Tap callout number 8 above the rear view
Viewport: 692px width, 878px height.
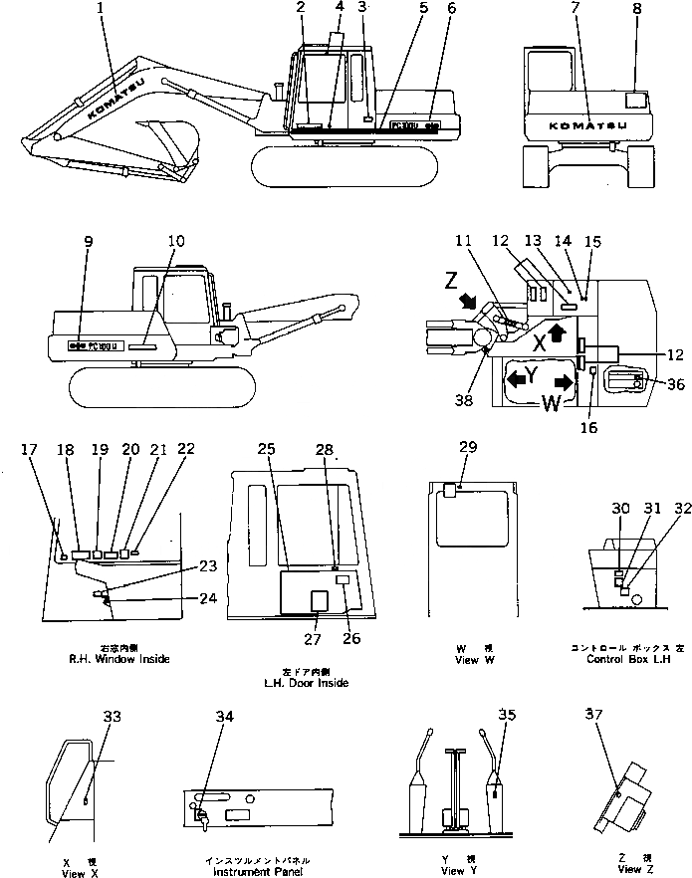point(636,13)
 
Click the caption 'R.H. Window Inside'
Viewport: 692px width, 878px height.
point(120,659)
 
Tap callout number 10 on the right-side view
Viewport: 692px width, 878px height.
point(175,241)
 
